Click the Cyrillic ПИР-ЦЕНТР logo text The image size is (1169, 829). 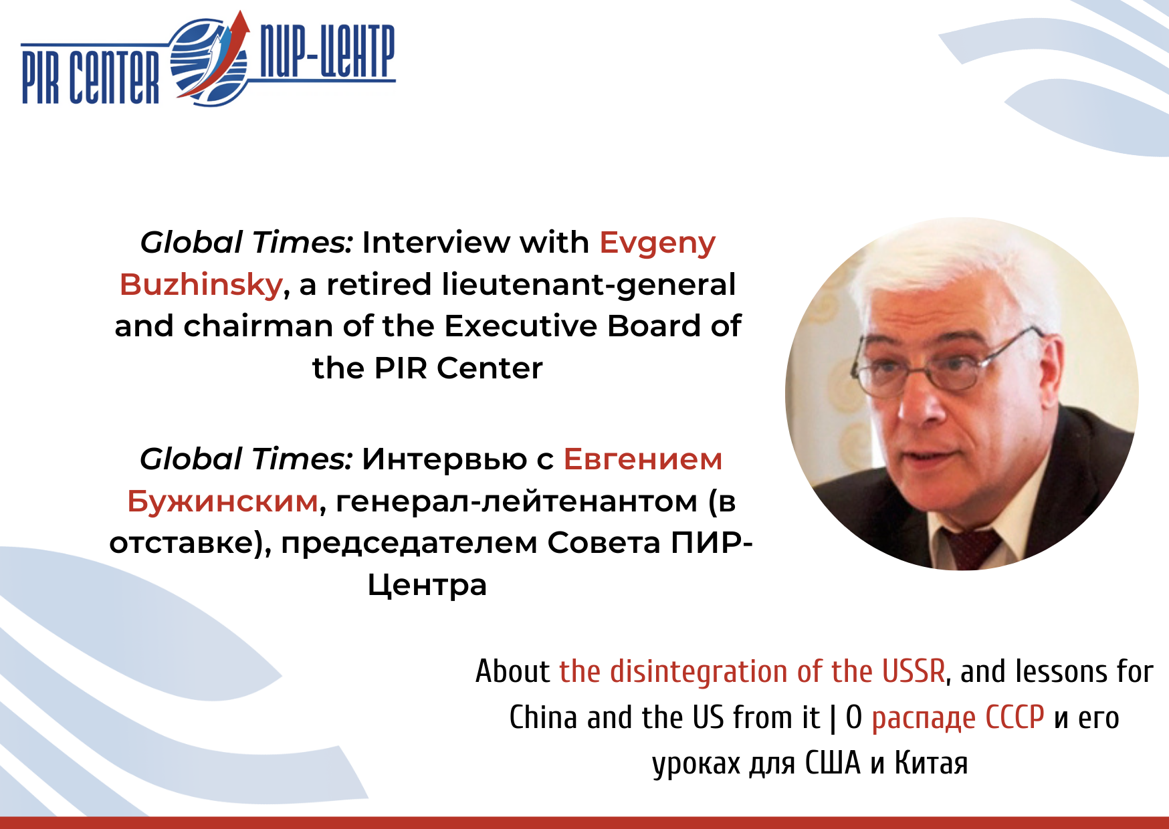[327, 51]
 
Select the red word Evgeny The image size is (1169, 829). [657, 243]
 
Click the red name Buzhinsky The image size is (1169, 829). [201, 285]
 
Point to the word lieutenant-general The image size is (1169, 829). [589, 285]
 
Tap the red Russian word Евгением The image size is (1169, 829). [643, 459]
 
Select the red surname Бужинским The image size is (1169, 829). [223, 501]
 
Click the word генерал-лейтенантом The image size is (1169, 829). [517, 501]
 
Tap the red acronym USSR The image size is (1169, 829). [914, 671]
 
